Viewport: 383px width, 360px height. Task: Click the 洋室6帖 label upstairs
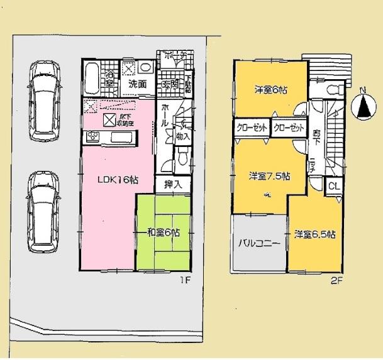(x=270, y=90)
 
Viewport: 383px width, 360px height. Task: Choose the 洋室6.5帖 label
(x=315, y=234)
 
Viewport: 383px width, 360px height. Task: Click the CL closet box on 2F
(x=333, y=186)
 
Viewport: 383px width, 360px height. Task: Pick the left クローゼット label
(x=252, y=128)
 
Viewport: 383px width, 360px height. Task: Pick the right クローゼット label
(x=289, y=128)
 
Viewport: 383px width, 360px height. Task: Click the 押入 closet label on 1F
(x=173, y=185)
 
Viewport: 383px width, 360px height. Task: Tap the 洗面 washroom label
(x=138, y=84)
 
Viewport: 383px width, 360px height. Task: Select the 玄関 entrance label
(x=170, y=84)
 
